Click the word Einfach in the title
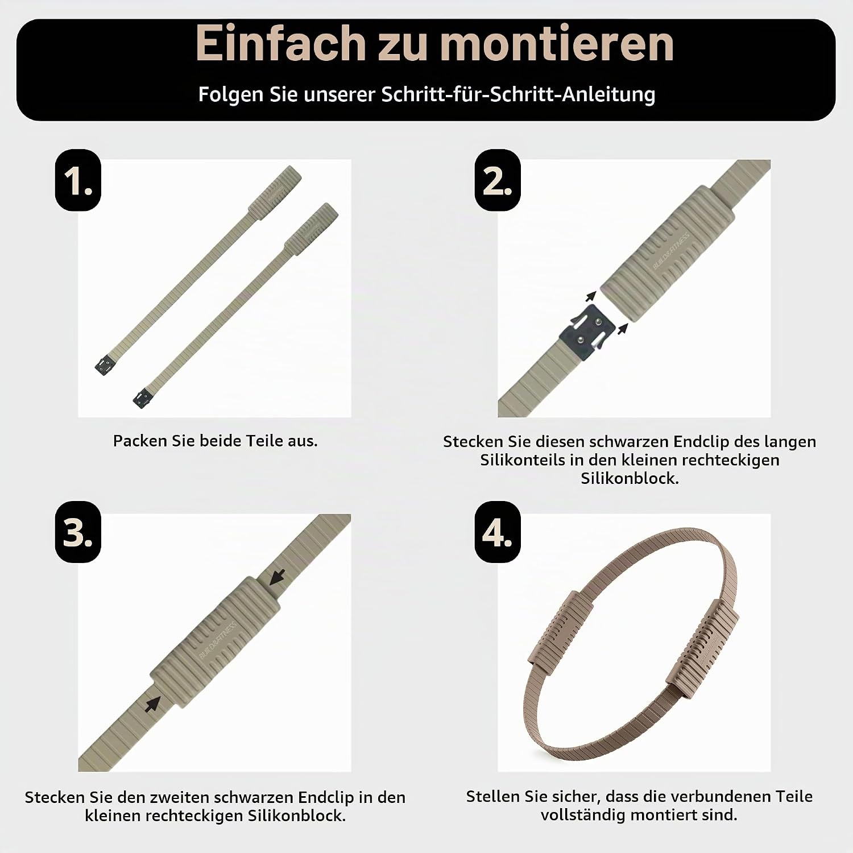[280, 43]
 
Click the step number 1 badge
[78, 180]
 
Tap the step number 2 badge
[498, 180]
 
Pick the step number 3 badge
[78, 532]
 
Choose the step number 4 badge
[498, 532]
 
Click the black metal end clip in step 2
[588, 332]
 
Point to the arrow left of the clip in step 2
[591, 296]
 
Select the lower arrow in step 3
[152, 704]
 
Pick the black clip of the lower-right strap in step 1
[143, 398]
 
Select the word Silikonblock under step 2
[630, 478]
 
